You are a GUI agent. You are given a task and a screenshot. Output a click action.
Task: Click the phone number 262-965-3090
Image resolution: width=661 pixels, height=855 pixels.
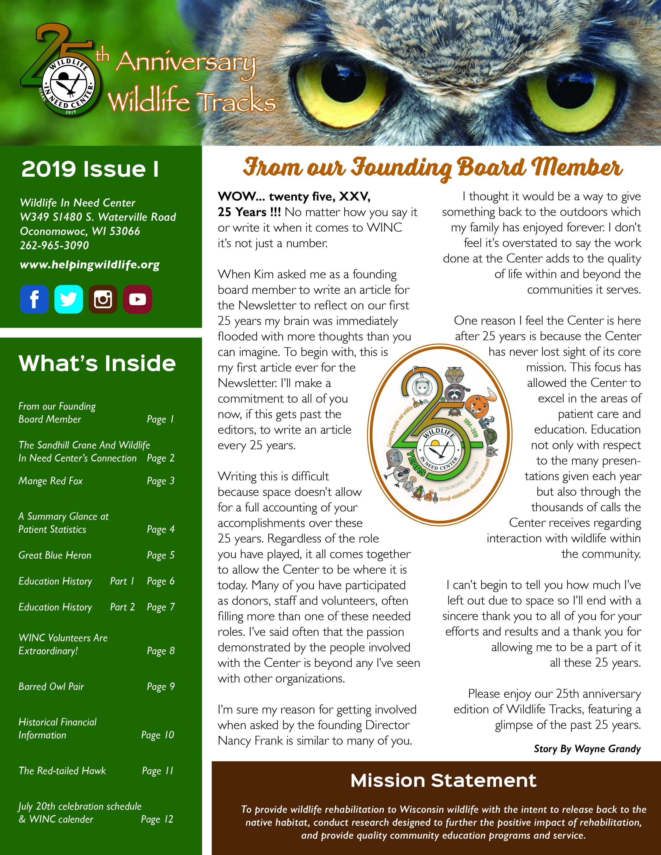(x=54, y=245)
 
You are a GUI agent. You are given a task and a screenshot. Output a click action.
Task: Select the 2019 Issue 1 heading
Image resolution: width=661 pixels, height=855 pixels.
(x=90, y=169)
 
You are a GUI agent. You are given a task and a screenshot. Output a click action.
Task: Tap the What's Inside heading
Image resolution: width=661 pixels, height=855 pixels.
(x=97, y=363)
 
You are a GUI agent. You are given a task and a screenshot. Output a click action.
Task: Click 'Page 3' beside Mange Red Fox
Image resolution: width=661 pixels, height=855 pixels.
(x=160, y=481)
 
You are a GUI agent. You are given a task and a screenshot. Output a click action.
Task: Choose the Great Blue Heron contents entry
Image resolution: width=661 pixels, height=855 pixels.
(x=55, y=555)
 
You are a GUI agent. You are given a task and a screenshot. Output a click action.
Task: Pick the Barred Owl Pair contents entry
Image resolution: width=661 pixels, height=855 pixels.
(x=51, y=686)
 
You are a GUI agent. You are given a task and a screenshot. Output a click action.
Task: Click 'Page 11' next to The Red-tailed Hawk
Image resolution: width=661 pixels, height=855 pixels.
(x=157, y=771)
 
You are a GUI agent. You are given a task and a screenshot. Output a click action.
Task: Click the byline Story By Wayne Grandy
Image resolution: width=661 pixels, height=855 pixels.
(x=587, y=749)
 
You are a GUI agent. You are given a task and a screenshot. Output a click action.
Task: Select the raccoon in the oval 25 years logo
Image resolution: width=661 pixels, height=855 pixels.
(x=454, y=391)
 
